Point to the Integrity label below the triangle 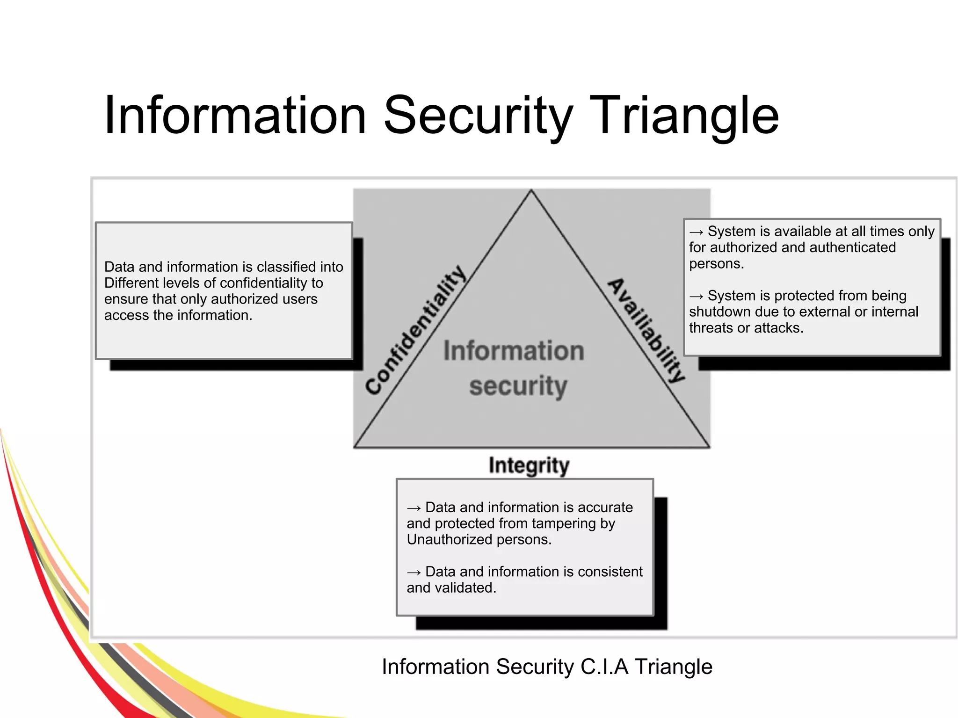(x=529, y=465)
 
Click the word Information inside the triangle (x=514, y=351)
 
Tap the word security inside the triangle (x=518, y=386)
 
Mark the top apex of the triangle (x=531, y=190)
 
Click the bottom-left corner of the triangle (x=355, y=447)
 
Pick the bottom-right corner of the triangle (x=709, y=447)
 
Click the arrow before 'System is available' (x=696, y=232)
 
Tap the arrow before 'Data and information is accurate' (x=414, y=508)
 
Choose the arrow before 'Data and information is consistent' (x=414, y=573)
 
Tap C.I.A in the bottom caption (x=604, y=667)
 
